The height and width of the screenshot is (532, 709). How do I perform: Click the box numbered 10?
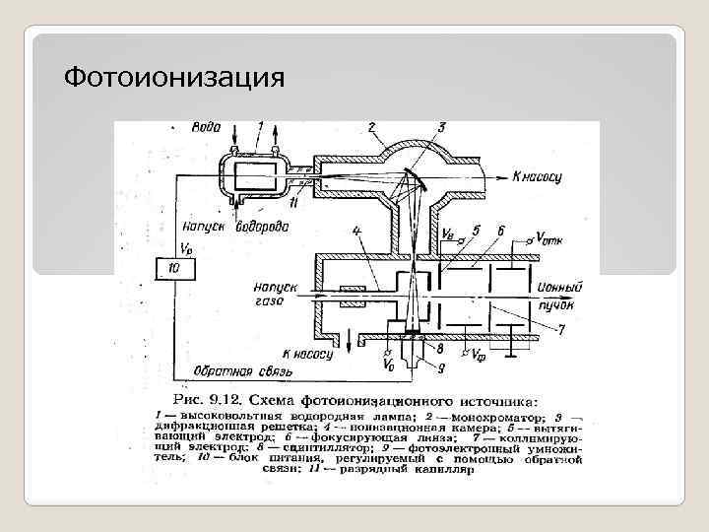pos(174,268)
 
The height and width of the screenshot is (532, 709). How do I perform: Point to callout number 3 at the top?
pos(440,127)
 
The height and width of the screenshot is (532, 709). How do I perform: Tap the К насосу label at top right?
pos(538,177)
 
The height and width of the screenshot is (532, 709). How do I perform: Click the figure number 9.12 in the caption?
pos(234,401)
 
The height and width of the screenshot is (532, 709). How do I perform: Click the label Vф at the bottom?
pos(477,355)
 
